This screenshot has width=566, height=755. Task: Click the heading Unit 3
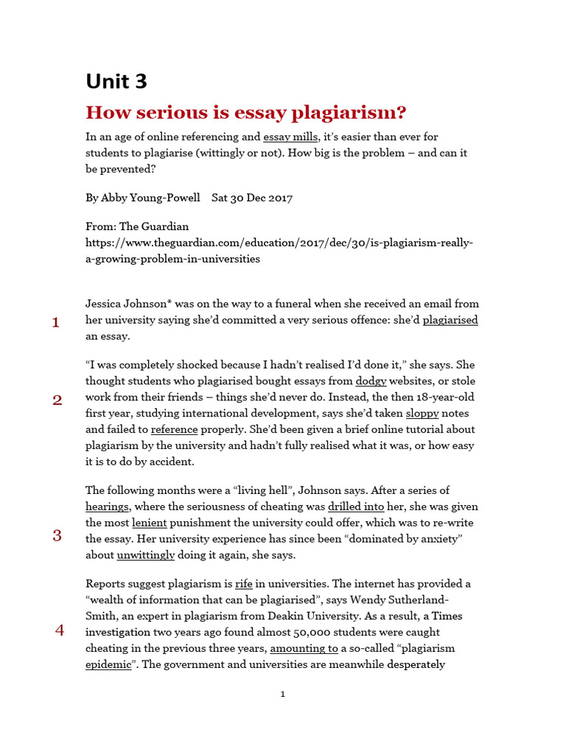point(116,81)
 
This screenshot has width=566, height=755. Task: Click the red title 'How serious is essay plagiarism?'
point(245,113)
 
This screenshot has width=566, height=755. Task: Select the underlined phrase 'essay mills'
point(290,136)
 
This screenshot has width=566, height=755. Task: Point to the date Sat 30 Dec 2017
point(252,198)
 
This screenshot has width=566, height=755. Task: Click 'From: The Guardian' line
point(137,227)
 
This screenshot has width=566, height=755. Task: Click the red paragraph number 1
point(55,322)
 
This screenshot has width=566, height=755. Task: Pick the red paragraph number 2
point(57,400)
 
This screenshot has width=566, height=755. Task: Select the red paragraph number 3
point(57,536)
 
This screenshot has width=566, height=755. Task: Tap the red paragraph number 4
point(60,630)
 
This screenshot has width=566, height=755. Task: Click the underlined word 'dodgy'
point(371,381)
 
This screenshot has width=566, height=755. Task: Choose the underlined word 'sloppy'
point(422,413)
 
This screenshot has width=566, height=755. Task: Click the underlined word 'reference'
point(174,429)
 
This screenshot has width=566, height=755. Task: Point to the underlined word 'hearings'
point(107,507)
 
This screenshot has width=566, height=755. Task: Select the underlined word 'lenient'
point(150,523)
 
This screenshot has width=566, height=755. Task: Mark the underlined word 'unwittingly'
point(145,554)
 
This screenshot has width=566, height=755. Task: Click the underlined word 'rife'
point(243,584)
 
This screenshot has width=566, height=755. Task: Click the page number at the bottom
point(282,694)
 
